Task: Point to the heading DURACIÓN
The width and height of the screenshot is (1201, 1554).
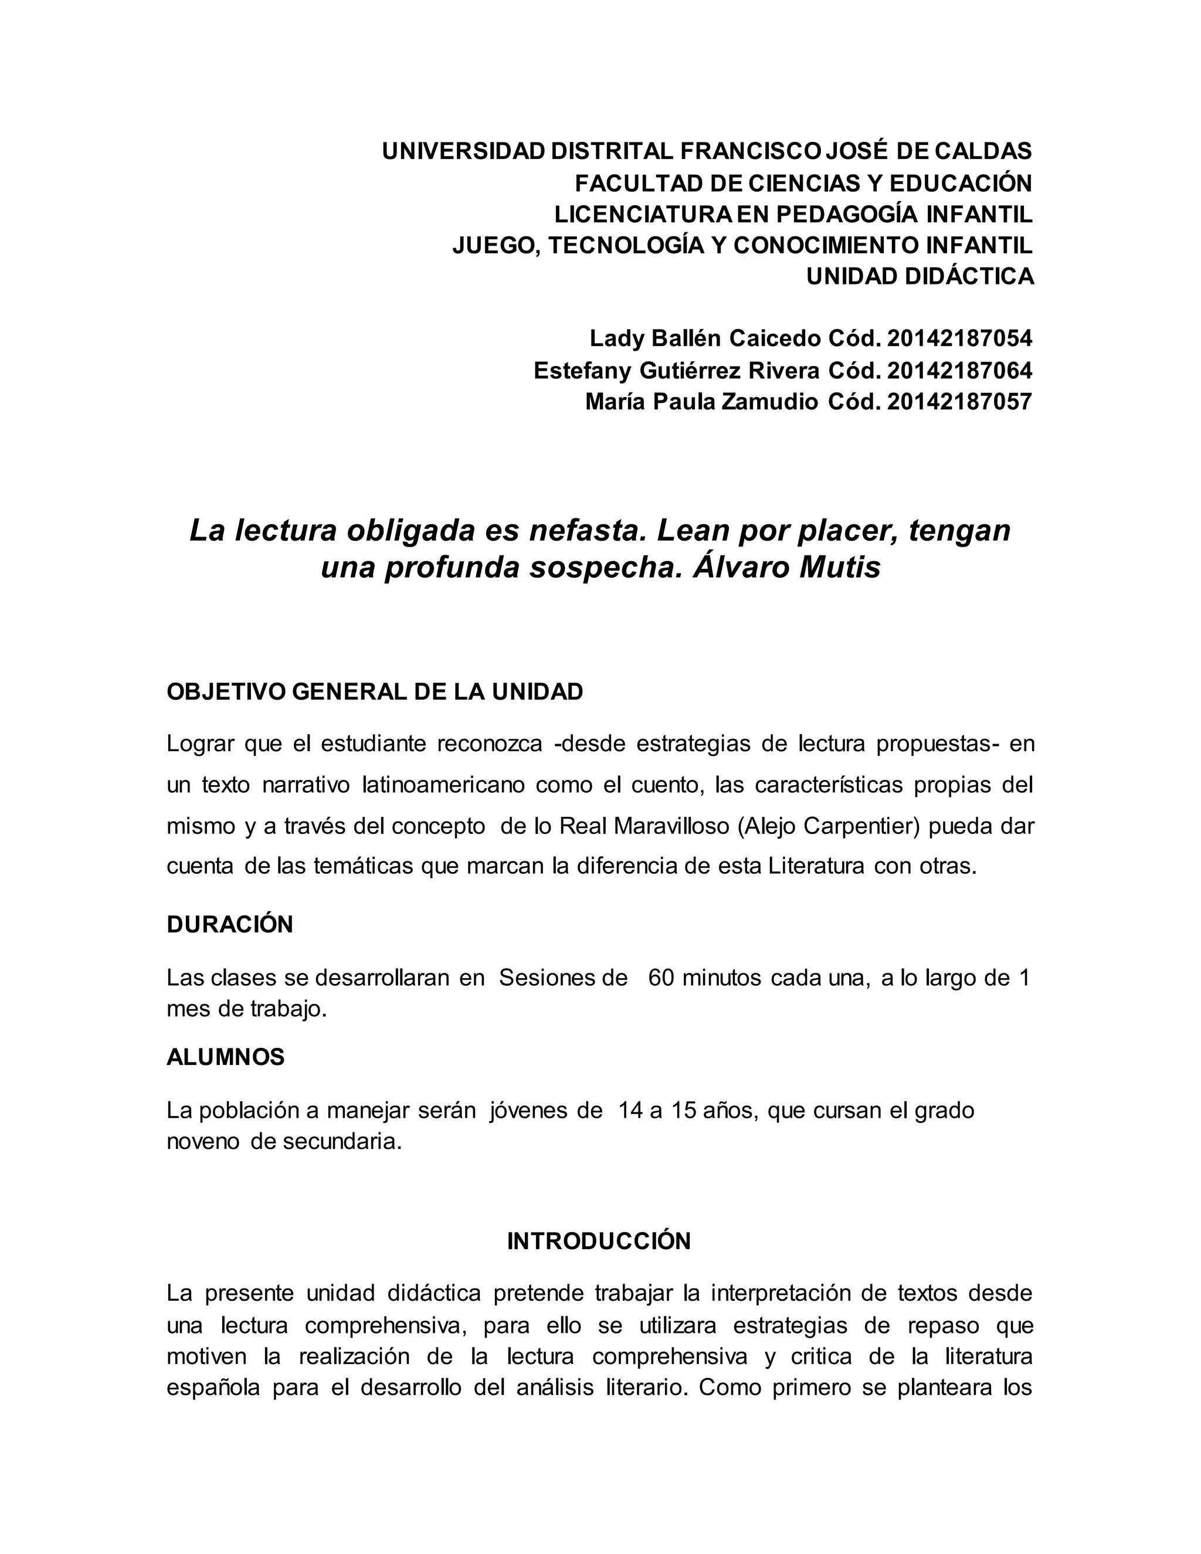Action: tap(230, 924)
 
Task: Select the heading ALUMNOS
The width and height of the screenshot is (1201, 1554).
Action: tap(226, 1057)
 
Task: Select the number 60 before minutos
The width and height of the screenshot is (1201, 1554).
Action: tap(661, 978)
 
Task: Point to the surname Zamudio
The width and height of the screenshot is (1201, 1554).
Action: tap(770, 402)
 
